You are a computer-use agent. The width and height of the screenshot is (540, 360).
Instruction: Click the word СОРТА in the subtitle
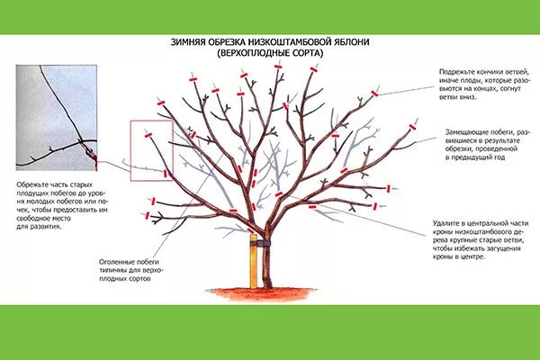point(306,54)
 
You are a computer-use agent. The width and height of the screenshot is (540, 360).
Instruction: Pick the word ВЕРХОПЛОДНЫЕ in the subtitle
point(255,54)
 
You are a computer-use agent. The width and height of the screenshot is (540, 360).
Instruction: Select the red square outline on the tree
point(149,150)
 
